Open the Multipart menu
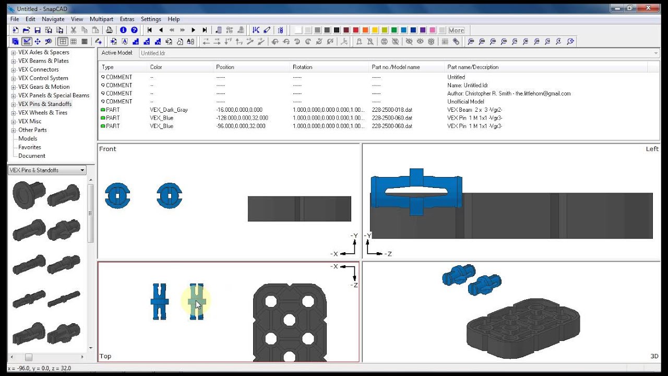101,19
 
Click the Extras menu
127,19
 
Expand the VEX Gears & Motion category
14,87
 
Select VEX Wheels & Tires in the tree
43,112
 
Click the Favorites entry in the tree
30,147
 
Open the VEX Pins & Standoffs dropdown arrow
82,170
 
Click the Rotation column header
303,67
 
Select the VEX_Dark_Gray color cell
169,110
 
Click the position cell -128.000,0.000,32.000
242,118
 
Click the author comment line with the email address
509,93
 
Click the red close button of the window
652,8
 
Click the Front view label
108,149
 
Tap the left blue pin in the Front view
117,195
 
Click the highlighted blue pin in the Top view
196,301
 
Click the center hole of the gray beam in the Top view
290,320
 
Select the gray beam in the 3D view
522,329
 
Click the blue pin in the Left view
416,192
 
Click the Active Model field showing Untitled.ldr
397,53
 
